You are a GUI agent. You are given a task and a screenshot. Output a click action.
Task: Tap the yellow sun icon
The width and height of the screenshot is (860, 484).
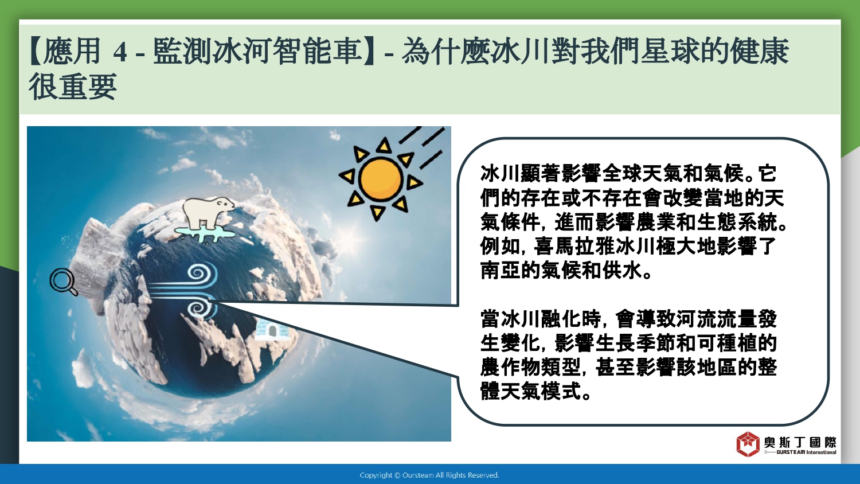pyautogui.click(x=381, y=179)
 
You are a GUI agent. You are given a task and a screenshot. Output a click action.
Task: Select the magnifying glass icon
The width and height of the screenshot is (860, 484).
pyautogui.click(x=63, y=282)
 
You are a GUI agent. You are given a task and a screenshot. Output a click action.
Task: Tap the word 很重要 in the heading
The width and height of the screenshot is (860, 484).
pyautogui.click(x=73, y=87)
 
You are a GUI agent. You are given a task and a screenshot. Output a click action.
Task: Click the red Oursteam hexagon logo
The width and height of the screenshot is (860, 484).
pyautogui.click(x=748, y=444)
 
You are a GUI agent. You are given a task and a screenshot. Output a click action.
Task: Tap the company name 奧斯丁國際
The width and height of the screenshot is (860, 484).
pyautogui.click(x=800, y=442)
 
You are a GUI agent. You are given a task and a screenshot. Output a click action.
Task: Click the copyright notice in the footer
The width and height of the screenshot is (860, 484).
pyautogui.click(x=429, y=475)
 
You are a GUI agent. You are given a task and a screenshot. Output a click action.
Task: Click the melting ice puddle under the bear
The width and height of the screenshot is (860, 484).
pyautogui.click(x=205, y=233)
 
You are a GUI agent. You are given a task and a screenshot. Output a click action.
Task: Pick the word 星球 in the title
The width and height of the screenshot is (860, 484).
pyautogui.click(x=671, y=51)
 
